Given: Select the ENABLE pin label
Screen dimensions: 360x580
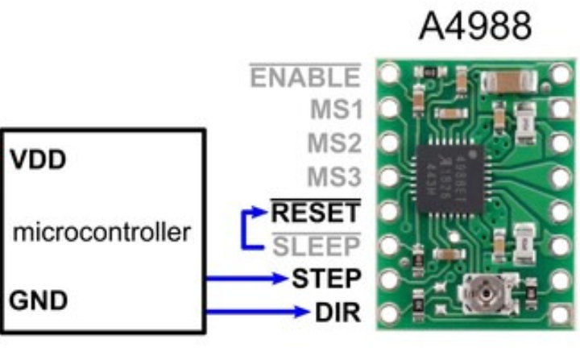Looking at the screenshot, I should (305, 77).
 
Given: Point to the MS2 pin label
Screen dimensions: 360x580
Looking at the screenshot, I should (333, 143).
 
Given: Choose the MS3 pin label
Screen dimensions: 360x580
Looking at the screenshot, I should (333, 176).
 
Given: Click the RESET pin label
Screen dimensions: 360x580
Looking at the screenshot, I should (315, 213).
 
